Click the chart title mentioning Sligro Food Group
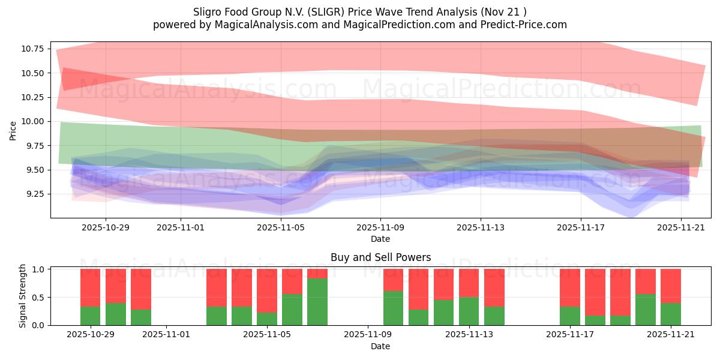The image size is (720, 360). [360, 12]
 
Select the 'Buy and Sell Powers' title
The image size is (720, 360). [380, 257]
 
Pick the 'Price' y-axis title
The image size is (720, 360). [13, 130]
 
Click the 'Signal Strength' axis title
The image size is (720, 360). [23, 296]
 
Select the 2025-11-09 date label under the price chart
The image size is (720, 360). [380, 228]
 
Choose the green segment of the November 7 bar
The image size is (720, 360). [317, 302]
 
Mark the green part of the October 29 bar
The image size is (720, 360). [90, 316]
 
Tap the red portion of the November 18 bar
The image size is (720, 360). [620, 292]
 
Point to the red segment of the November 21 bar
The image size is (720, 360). [671, 286]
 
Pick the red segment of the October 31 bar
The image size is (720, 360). [141, 289]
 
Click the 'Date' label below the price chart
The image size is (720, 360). [380, 239]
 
